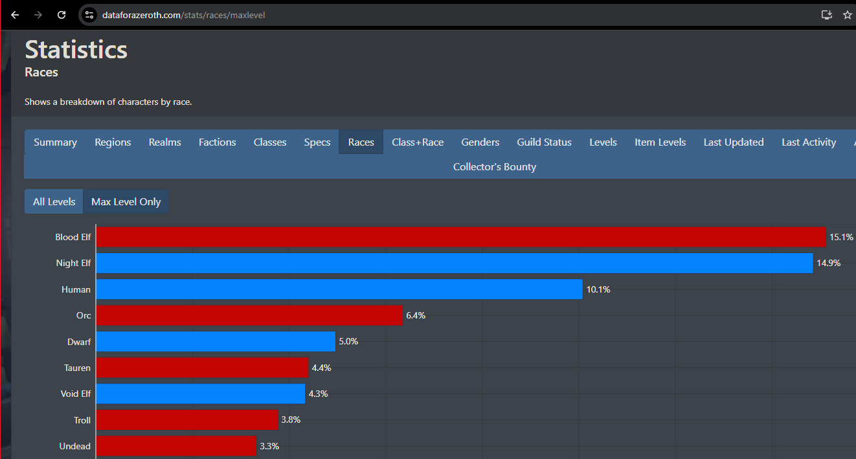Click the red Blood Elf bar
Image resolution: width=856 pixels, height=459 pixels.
(461, 237)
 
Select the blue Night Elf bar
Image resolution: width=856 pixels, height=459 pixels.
(455, 263)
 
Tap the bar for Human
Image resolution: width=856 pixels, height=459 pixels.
(339, 289)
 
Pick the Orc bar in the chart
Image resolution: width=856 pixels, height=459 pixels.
(249, 315)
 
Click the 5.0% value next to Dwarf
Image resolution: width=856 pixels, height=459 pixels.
(348, 341)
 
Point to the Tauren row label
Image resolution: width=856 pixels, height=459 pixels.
(77, 368)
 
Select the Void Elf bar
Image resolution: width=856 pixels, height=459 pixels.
(201, 394)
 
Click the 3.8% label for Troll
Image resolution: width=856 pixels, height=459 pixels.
(291, 420)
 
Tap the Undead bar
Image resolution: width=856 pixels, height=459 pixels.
(176, 446)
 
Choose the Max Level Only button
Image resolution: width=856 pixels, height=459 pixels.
(126, 201)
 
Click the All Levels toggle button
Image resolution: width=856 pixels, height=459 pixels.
(54, 201)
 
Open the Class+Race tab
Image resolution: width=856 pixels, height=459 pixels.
(418, 142)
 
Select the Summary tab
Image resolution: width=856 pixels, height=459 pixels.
(55, 142)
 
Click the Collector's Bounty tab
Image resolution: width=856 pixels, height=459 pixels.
(495, 166)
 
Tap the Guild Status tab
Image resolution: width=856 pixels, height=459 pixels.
(544, 142)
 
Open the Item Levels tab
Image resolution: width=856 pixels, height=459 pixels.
(660, 142)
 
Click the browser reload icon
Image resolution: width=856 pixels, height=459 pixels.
(62, 15)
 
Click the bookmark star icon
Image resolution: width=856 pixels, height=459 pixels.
(847, 15)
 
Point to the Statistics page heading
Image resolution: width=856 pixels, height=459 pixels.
(76, 49)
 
